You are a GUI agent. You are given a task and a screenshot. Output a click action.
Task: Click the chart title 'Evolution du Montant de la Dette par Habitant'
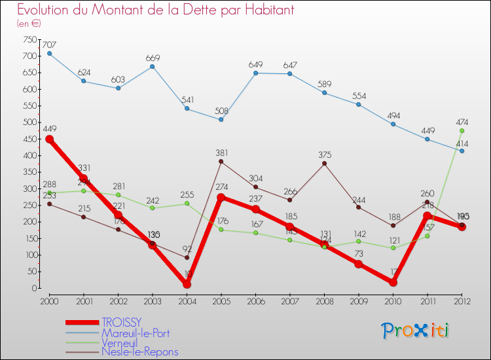point(155,10)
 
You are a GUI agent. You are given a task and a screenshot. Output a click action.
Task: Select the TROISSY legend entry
point(120,322)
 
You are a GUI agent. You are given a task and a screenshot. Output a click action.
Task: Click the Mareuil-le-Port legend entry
point(135,332)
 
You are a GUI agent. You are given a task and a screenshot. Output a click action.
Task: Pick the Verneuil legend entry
point(120,342)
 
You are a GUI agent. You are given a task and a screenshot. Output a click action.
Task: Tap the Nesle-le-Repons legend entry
point(139,351)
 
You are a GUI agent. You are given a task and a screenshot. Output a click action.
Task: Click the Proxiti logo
point(416,331)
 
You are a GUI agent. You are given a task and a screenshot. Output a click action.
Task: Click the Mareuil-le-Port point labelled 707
point(49,53)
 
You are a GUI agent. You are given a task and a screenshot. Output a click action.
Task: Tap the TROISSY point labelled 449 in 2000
point(49,139)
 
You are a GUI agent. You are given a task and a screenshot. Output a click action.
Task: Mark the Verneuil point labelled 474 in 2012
point(462,130)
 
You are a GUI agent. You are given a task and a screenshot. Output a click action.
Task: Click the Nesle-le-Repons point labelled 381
point(221,161)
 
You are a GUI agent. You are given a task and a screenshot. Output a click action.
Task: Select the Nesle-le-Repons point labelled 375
point(324,163)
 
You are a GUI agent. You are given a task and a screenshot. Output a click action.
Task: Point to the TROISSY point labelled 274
point(221,197)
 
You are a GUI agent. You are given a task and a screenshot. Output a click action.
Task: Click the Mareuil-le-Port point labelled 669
point(153,66)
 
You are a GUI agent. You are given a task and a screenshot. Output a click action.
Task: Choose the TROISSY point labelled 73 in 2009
point(359,264)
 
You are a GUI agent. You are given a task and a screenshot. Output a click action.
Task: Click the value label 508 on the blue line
point(221,111)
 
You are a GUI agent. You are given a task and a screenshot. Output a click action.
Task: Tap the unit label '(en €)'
point(29,23)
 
